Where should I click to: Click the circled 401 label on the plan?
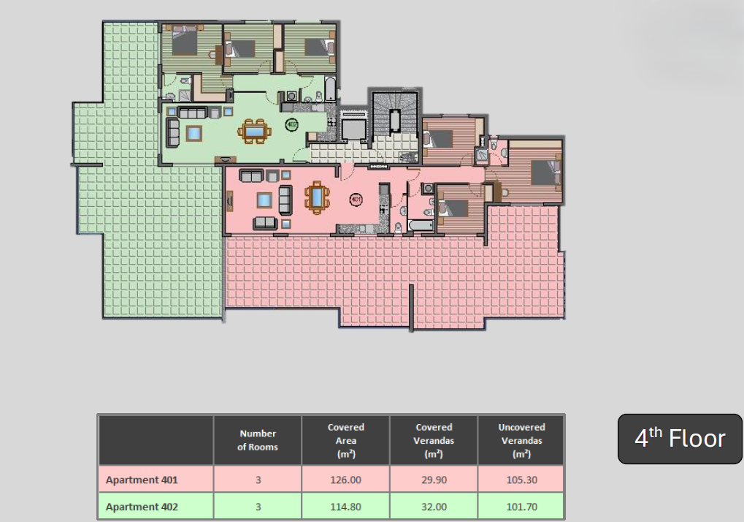(x=356, y=200)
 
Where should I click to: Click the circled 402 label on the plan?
(x=292, y=125)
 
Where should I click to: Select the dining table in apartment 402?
(x=254, y=131)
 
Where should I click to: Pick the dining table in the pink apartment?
(x=317, y=197)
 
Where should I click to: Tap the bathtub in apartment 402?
(x=330, y=89)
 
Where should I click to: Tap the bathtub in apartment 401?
(x=421, y=226)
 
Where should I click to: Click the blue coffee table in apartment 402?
(x=193, y=134)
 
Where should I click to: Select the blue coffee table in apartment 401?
(x=264, y=200)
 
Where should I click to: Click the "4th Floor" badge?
(x=680, y=439)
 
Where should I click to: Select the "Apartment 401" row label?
(x=142, y=480)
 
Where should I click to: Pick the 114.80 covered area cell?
(x=345, y=507)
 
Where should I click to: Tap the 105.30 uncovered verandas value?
(x=521, y=480)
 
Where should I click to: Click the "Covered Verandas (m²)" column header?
(x=434, y=440)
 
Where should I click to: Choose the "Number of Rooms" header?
(x=258, y=440)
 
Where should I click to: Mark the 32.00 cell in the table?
(x=434, y=507)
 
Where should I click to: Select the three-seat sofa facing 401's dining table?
(x=285, y=200)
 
